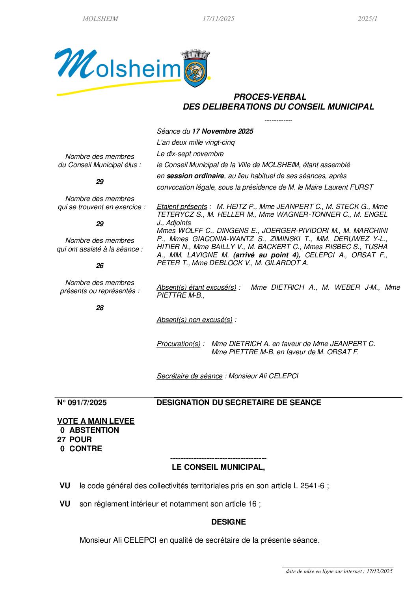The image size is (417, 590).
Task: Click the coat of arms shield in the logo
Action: tap(195, 73)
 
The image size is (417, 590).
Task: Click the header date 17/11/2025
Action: tap(218, 19)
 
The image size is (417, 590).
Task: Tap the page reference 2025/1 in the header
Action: tap(367, 19)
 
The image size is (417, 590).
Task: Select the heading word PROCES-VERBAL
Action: tap(270, 97)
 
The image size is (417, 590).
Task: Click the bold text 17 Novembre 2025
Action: tap(222, 131)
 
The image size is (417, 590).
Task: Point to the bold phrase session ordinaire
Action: tap(195, 176)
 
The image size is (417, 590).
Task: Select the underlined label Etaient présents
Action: tap(182, 207)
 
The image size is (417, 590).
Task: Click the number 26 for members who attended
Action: tap(100, 266)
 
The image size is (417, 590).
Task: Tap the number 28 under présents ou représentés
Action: tap(100, 308)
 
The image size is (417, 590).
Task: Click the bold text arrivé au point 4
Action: tap(266, 255)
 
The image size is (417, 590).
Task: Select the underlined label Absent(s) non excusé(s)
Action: tap(194, 320)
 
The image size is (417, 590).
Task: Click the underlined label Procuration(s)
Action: tap(179, 344)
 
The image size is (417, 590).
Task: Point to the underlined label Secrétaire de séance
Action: tap(189, 376)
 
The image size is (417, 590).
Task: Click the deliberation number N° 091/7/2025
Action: tap(82, 402)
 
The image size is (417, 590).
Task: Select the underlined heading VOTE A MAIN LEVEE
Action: tap(96, 421)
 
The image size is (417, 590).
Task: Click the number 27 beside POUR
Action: tap(61, 439)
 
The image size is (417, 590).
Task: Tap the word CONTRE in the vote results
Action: tap(86, 449)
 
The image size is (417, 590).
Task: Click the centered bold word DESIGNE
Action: tap(228, 522)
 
